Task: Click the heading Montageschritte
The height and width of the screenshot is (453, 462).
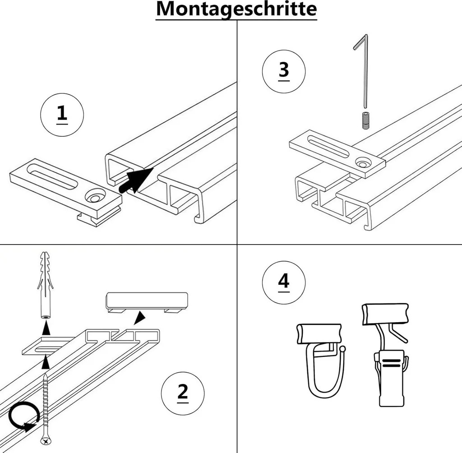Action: click(x=236, y=9)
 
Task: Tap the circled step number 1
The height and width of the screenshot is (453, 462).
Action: click(x=62, y=114)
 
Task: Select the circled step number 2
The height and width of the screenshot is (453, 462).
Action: click(x=182, y=392)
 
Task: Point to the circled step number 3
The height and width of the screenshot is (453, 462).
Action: click(x=284, y=71)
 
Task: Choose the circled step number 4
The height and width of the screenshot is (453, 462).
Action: click(x=284, y=282)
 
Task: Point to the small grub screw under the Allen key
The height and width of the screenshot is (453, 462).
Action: click(x=364, y=120)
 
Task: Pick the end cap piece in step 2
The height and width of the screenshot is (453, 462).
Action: click(x=147, y=301)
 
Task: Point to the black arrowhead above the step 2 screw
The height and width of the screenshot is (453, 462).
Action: click(x=45, y=362)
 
